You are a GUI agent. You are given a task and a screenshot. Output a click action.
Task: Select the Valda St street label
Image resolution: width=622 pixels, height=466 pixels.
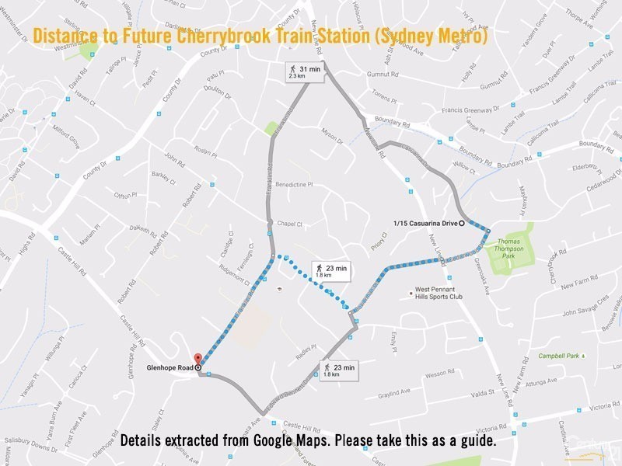click(482, 393)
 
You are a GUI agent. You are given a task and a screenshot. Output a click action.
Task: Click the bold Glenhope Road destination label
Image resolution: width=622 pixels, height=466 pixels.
click(169, 367)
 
